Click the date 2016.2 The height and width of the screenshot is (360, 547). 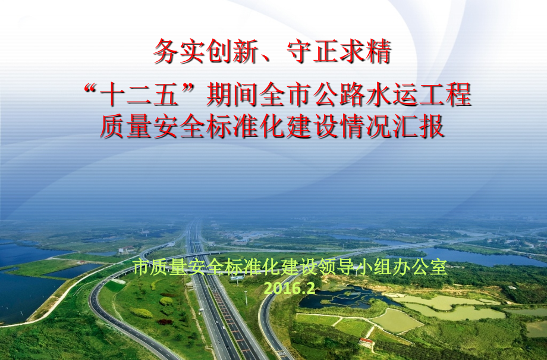coord(288,288)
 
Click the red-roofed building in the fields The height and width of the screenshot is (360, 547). coord(367,343)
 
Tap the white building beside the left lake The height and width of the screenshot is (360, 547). coord(125,251)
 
